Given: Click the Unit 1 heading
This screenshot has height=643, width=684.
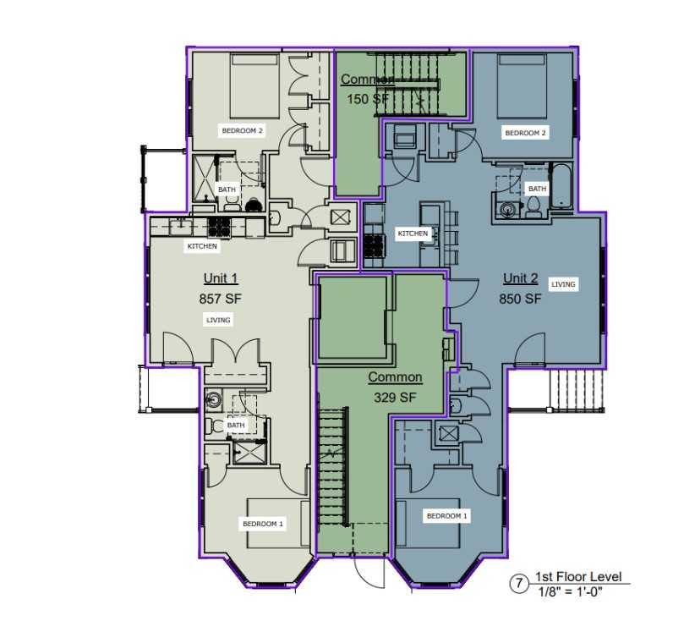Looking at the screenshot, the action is coord(221,278).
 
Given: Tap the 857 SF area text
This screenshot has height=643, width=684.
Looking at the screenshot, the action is coord(221,299).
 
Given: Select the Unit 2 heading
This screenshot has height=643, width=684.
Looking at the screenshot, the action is coord(521,278).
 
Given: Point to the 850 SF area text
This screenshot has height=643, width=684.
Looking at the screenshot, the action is coord(521,299).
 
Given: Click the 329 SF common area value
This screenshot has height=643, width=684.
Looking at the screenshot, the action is coord(395,398).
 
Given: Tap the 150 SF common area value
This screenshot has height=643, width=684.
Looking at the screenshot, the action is coord(367,99).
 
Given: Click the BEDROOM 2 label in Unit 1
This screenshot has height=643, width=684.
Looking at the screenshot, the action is coord(242,130).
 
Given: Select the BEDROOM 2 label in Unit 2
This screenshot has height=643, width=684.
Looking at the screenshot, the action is coord(525,133).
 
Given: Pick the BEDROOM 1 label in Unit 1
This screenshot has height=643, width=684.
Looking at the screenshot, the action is coord(263,524).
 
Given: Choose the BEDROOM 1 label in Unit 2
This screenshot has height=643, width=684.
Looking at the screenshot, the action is coord(446,516).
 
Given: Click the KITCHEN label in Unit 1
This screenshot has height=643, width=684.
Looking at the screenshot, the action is coord(202,246).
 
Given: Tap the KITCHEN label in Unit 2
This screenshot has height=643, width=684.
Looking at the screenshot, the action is coord(413,234).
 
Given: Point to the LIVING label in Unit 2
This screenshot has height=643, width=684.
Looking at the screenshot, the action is coord(563,284).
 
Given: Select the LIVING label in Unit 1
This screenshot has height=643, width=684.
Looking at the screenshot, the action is coord(218,320).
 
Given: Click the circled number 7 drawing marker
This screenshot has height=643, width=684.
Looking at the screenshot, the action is coord(519,583).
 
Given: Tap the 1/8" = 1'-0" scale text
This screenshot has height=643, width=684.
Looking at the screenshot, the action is coord(570,592).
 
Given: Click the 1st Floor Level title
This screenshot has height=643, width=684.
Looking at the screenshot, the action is coord(578,577).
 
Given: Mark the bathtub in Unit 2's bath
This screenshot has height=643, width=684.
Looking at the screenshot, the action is coord(561,185).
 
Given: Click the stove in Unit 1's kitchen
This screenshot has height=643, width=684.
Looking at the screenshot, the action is coord(219,228).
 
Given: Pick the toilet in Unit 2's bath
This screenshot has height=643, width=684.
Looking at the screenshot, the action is coord(534,206).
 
